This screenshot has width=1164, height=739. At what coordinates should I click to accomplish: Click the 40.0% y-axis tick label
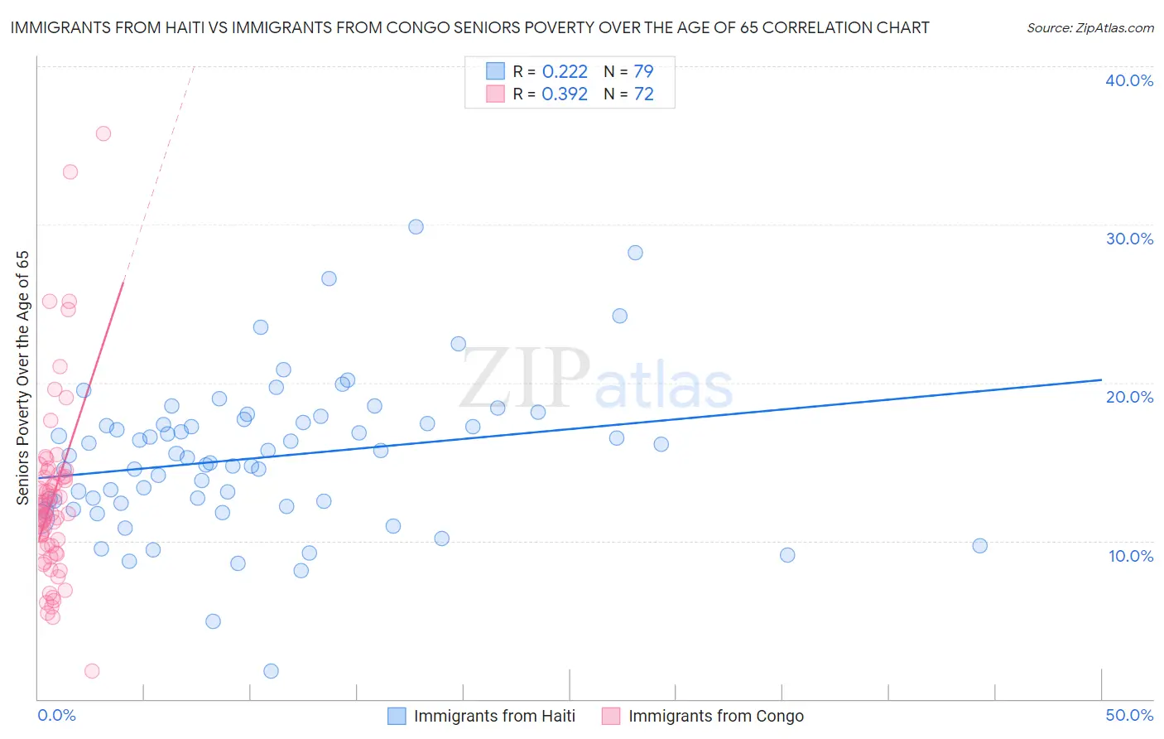1129,80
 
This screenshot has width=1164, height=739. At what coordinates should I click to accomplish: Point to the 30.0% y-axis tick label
1129,239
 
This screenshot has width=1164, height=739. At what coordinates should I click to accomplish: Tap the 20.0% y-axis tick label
1129,397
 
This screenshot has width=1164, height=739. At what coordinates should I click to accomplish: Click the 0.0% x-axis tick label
56,715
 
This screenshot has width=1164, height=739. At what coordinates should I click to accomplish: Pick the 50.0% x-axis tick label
1129,715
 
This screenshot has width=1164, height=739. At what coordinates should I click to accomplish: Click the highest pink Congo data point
103,133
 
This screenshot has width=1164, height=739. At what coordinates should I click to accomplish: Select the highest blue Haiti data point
416,227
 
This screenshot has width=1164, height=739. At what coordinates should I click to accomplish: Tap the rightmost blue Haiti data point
979,546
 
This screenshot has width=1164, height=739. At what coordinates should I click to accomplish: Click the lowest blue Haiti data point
271,671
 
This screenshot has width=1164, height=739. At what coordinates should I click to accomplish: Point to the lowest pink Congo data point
92,671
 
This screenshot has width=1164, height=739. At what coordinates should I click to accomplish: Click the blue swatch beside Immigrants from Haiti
397,716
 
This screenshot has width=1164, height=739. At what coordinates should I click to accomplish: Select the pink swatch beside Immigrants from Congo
611,716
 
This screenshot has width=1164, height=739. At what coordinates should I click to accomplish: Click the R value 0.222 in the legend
565,71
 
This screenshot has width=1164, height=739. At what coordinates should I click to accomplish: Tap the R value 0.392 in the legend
565,94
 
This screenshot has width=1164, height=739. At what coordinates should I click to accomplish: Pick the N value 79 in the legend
643,71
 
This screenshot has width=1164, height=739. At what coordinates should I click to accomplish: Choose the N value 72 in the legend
643,94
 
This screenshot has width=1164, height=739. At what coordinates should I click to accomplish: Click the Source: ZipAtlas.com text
1089,28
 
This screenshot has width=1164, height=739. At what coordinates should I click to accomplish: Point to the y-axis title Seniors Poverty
23,378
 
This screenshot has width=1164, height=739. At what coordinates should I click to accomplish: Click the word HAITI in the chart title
175,27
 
